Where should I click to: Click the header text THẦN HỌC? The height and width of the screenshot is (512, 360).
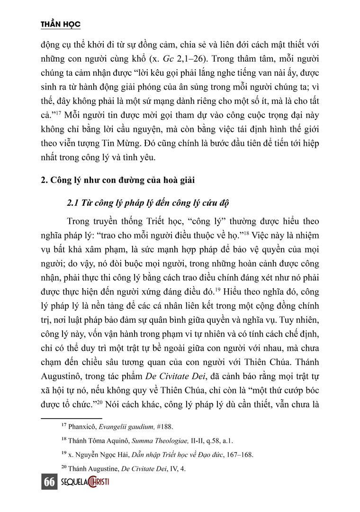[61, 24]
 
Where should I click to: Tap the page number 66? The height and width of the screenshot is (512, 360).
[49, 482]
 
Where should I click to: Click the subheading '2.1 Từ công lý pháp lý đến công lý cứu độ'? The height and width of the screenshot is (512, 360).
[148, 203]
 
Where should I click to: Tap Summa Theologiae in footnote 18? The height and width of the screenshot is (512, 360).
[179, 440]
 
